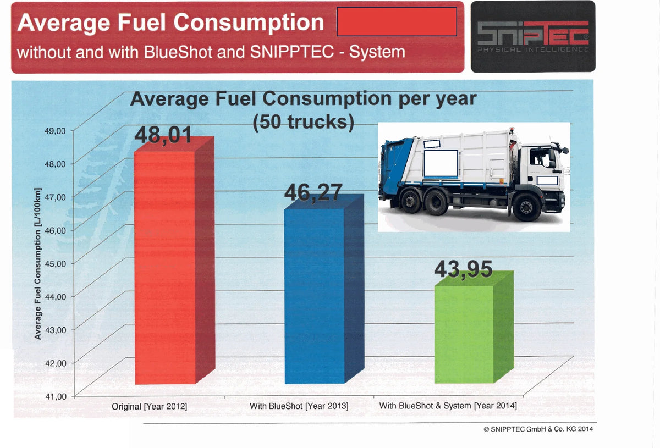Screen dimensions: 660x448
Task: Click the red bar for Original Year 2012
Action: [x=174, y=261]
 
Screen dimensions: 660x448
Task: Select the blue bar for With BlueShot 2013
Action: [x=324, y=289]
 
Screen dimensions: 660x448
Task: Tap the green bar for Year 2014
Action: [x=474, y=327]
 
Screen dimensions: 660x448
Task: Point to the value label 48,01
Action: [x=163, y=135]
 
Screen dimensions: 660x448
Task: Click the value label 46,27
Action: [x=313, y=192]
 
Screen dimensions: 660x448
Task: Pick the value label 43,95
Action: [x=463, y=269]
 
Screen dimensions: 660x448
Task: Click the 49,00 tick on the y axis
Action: [x=55, y=131]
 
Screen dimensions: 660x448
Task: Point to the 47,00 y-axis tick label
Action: [x=55, y=197]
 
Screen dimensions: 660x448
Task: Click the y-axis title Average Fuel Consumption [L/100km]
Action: [x=37, y=264]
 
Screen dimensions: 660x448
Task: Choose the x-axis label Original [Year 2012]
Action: [x=150, y=406]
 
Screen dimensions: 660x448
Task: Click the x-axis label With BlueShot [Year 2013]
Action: [x=299, y=406]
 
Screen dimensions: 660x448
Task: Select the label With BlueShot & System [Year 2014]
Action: [x=448, y=406]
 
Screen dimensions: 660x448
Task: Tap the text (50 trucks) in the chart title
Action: [x=304, y=122]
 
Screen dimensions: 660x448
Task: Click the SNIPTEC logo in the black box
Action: [x=533, y=36]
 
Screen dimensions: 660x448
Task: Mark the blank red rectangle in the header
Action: [x=397, y=21]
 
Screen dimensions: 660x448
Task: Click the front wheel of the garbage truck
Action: [x=526, y=207]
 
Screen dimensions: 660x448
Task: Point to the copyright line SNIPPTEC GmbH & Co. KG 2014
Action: [x=538, y=429]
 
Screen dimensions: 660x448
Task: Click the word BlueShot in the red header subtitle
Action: [x=178, y=52]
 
